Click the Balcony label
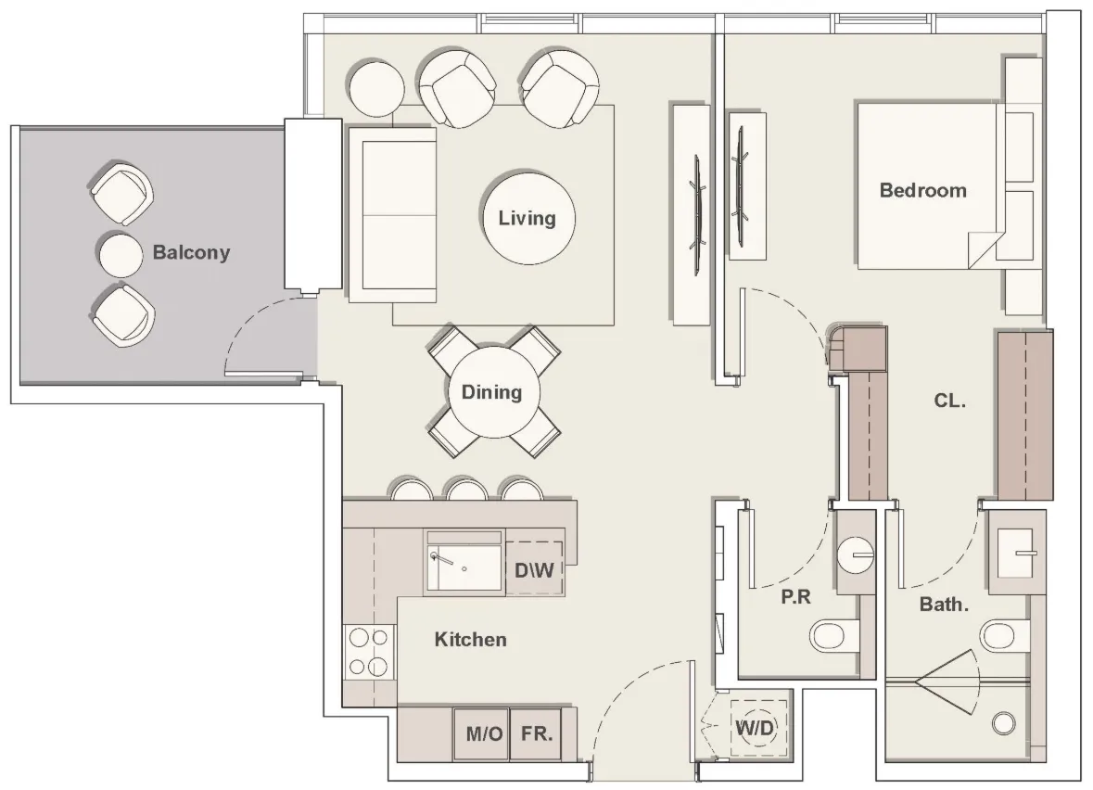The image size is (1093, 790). [x=191, y=251]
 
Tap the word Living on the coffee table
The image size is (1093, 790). [x=527, y=218]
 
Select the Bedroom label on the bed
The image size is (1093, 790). [x=923, y=190]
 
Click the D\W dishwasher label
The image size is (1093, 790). [x=534, y=569]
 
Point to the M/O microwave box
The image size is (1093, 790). [x=482, y=734]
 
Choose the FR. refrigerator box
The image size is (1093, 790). [x=536, y=734]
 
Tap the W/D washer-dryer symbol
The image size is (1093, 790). [x=755, y=729]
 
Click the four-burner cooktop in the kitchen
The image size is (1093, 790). [x=369, y=652]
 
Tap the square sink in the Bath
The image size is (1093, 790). [x=1015, y=554]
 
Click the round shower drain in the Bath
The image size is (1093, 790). [x=1004, y=724]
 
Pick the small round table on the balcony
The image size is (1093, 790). [x=120, y=254]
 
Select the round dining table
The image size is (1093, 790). [x=493, y=392]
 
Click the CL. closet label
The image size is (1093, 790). [x=949, y=401]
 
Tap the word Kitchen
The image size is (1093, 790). [x=471, y=640]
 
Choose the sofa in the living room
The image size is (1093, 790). [x=392, y=214]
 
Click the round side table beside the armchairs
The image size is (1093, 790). [x=375, y=89]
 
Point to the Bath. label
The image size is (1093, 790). [x=944, y=604]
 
